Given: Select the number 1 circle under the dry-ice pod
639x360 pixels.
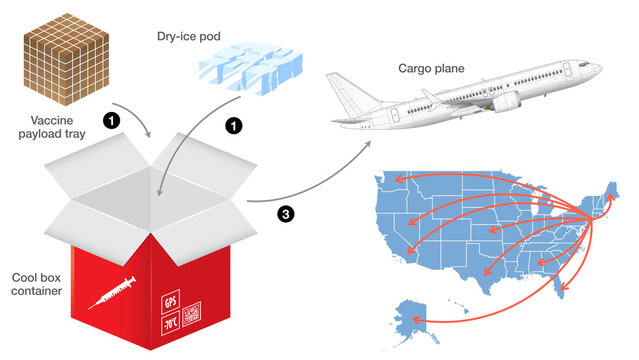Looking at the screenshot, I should tap(233, 127).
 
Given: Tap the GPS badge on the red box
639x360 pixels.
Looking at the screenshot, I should tap(169, 300).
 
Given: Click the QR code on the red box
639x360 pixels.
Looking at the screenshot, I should tap(192, 314).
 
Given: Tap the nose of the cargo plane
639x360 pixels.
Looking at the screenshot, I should tap(598, 68).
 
